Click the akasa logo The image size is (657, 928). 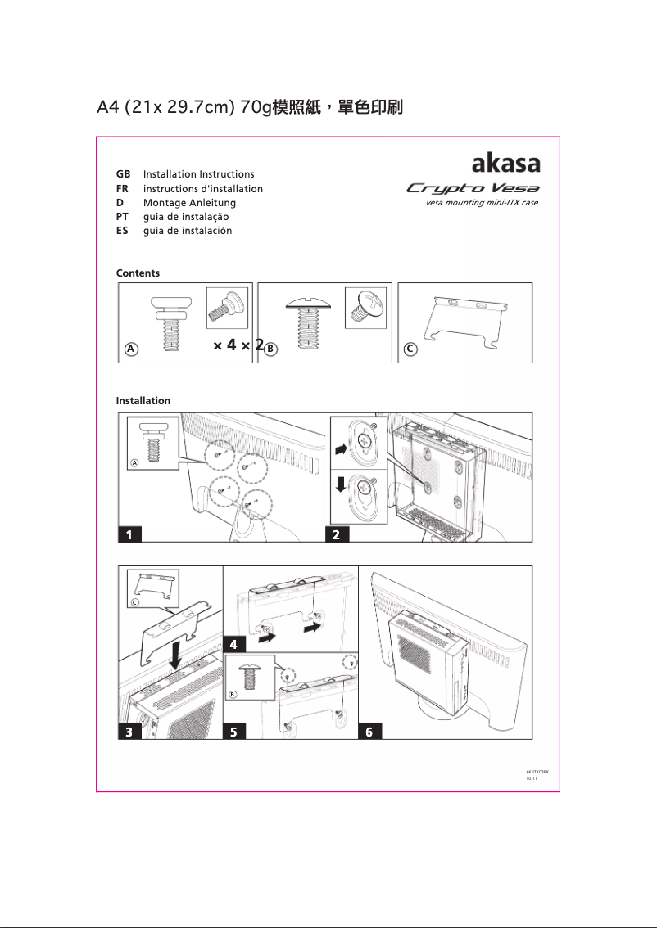(505, 161)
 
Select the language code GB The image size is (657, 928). (124, 174)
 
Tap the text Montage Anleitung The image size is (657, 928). (189, 203)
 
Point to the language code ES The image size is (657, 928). (123, 231)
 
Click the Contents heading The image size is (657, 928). (138, 273)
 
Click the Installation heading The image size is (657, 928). (143, 400)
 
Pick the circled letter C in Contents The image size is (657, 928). (410, 349)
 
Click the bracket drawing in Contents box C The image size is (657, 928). (463, 320)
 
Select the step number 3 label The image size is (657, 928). (129, 732)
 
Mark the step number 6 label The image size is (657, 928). (369, 732)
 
